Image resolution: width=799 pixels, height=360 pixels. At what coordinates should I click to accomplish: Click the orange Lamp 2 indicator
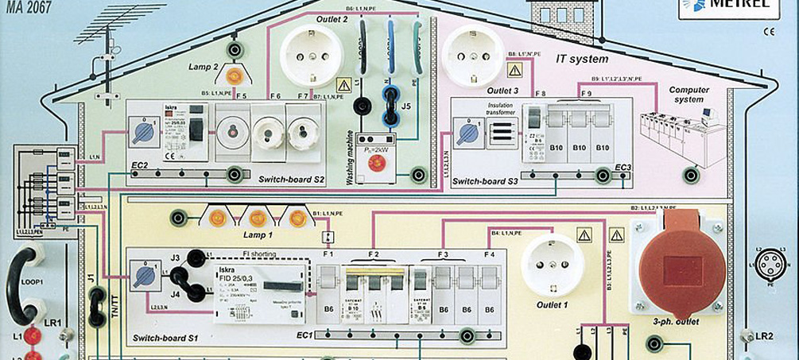click(x=235, y=76)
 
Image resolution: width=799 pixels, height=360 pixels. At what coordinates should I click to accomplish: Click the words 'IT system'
click(x=583, y=59)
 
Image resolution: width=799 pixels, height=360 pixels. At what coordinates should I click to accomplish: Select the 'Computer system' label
click(x=688, y=95)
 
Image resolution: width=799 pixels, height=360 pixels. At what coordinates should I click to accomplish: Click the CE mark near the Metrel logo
click(x=768, y=33)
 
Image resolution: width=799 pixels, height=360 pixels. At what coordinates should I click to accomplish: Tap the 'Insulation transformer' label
click(x=497, y=108)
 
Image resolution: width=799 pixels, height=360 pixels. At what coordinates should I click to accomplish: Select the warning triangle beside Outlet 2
click(x=343, y=84)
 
